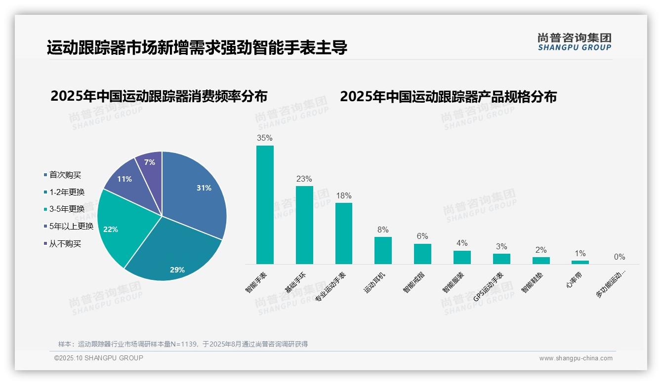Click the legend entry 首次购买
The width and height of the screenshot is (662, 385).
click(65, 175)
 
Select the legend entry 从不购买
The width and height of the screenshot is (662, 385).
click(65, 244)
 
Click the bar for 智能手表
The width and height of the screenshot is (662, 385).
click(265, 205)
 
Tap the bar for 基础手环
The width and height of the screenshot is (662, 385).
click(304, 225)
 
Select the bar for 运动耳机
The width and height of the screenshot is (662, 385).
click(383, 251)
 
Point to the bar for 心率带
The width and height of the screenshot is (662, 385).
click(580, 262)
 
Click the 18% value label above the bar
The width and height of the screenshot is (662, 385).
click(343, 196)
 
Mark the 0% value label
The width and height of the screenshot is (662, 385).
click(620, 257)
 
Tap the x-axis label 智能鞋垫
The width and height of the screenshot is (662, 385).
click(532, 282)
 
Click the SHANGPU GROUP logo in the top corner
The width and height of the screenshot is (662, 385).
click(574, 42)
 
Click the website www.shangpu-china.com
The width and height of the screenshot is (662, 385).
click(576, 358)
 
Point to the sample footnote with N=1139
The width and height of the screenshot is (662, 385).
click(183, 344)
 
